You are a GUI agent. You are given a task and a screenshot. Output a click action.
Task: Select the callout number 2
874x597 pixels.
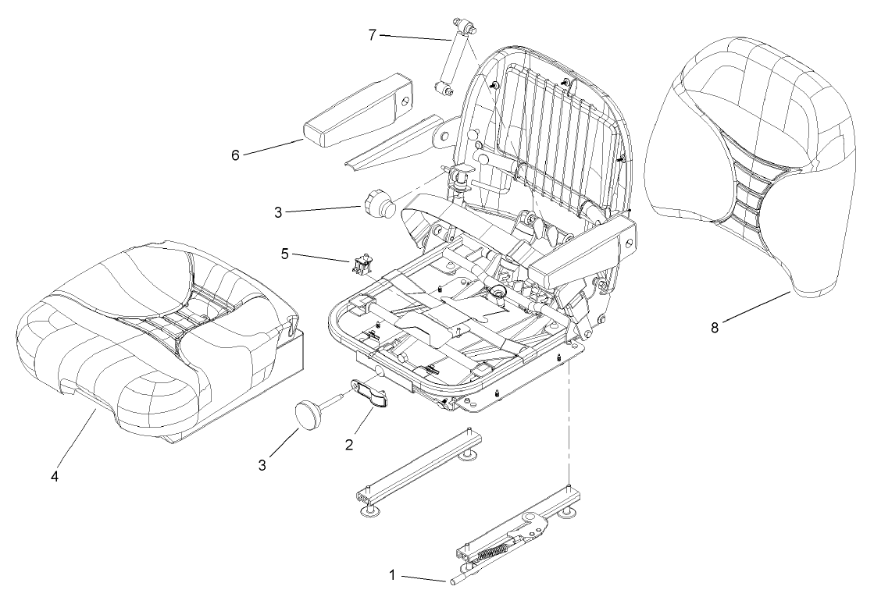tap(349, 445)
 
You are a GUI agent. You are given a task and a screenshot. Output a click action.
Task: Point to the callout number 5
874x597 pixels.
tap(286, 254)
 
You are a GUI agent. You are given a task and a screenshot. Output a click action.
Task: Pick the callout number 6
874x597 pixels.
tap(235, 155)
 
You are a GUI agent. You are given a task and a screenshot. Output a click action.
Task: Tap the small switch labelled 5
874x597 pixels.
tap(360, 265)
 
